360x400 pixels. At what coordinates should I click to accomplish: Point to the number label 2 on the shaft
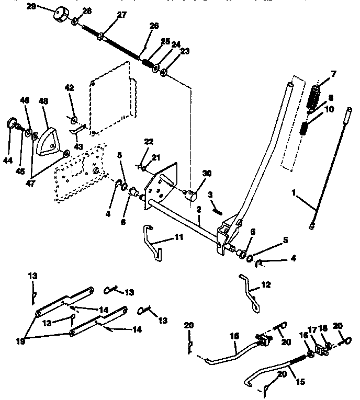pyautogui.click(x=198, y=209)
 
